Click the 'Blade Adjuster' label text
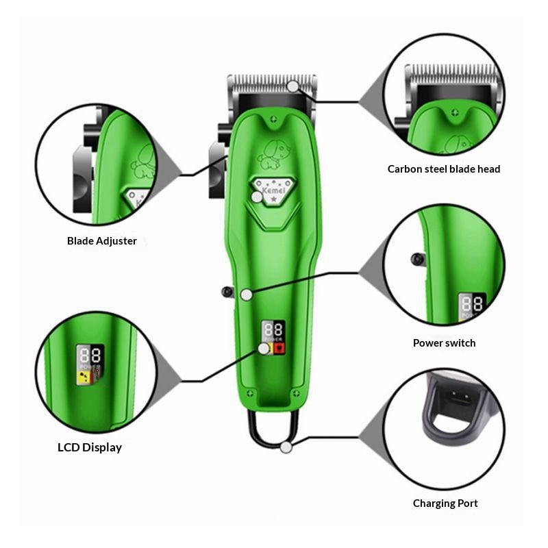click(x=101, y=241)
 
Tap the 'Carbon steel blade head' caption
click(x=444, y=169)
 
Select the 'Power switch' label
click(x=444, y=343)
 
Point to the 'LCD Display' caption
click(x=90, y=447)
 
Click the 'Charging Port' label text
click(x=445, y=503)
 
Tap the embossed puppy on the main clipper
click(x=273, y=155)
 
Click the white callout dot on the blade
click(x=293, y=86)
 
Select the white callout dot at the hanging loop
click(x=286, y=447)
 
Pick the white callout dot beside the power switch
click(x=247, y=295)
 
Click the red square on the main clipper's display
click(x=279, y=348)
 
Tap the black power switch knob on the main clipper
click(x=227, y=292)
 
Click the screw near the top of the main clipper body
click(x=273, y=119)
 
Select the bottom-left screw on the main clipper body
click(x=249, y=393)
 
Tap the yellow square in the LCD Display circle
click(x=84, y=377)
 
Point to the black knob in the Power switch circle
click(x=417, y=260)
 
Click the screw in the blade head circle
click(x=454, y=113)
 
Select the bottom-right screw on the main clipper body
click(x=297, y=393)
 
